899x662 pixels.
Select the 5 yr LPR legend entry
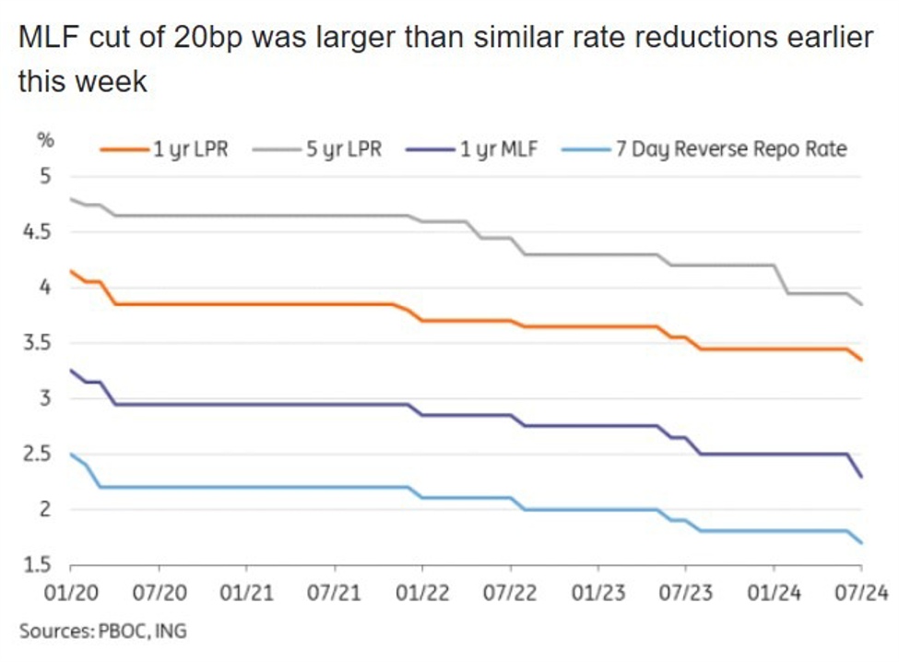pos(344,149)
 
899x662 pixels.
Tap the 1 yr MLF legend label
pos(500,149)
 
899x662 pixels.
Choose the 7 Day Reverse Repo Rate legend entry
pos(729,149)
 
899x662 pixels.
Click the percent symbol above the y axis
pos(42,141)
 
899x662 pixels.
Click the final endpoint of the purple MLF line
pos(861,476)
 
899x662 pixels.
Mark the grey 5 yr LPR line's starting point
pos(71,199)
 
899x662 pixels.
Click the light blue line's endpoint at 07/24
pos(861,543)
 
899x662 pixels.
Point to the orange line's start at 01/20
pos(71,271)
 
